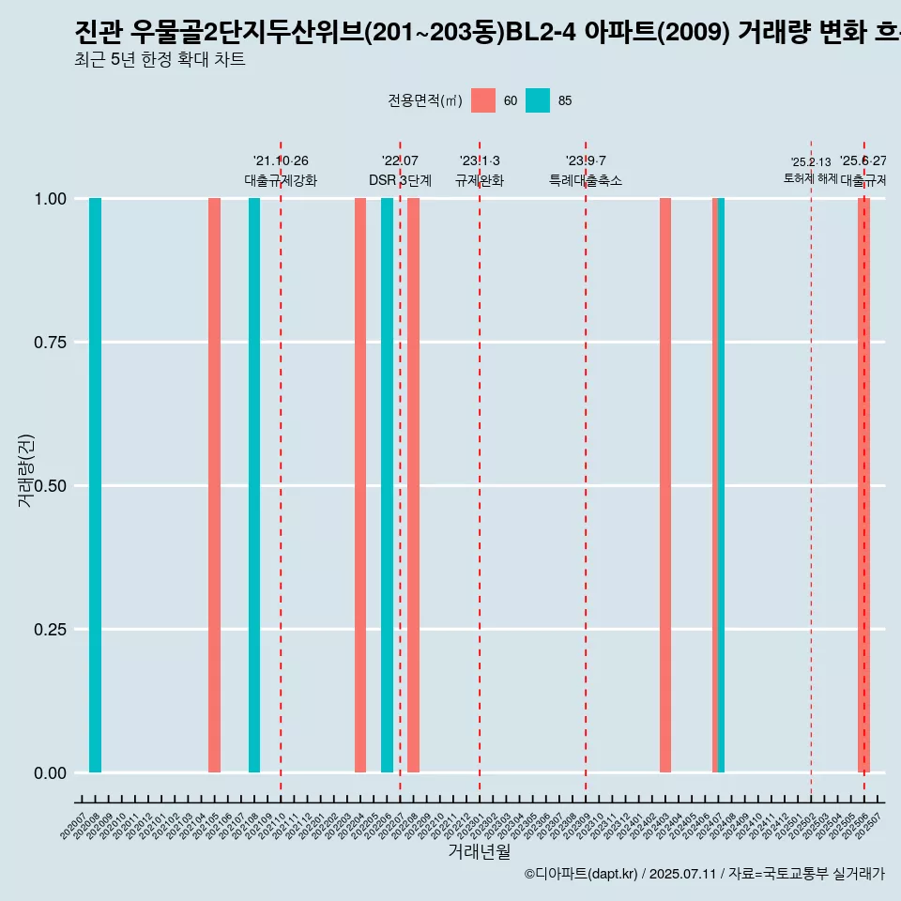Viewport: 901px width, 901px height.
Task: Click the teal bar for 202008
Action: tap(95, 485)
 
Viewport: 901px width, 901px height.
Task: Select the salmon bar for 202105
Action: tap(214, 485)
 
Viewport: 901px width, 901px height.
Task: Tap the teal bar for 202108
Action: tap(254, 485)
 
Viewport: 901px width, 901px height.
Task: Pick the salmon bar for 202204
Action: tap(360, 485)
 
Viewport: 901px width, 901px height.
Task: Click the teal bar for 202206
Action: tap(387, 485)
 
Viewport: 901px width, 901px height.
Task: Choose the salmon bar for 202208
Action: tap(413, 485)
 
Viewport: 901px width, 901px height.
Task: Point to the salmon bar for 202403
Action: tap(665, 485)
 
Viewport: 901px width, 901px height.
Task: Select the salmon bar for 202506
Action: tap(863, 485)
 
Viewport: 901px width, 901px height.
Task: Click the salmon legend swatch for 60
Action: tap(483, 100)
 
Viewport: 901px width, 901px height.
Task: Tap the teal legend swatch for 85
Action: tap(538, 100)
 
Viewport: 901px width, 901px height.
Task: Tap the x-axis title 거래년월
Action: tap(479, 851)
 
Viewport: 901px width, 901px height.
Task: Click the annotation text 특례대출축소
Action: tap(586, 180)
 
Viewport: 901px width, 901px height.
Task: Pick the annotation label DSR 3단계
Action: tap(400, 180)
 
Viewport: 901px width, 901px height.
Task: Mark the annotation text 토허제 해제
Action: tap(810, 178)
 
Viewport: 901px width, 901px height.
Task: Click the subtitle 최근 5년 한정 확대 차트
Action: tap(160, 60)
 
